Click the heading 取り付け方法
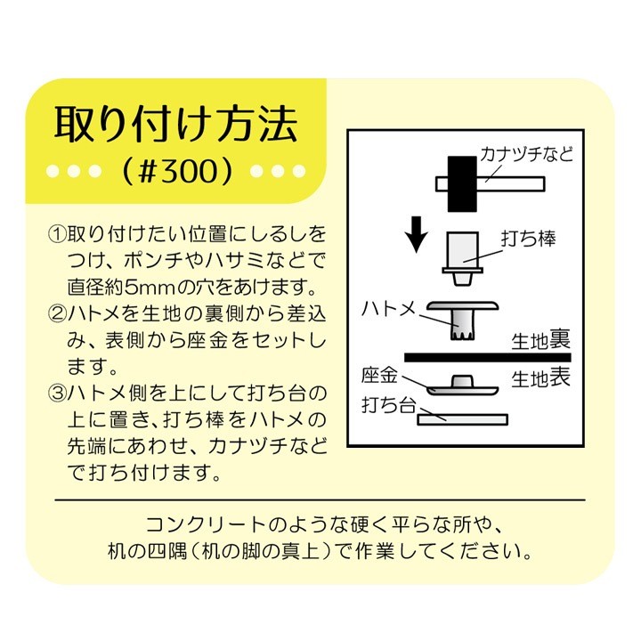pos(175,125)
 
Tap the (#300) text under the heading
pos(176,170)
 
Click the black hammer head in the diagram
pos(462,184)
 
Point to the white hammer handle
pos(511,184)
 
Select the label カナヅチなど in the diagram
pos(526,155)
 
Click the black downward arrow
pos(417,235)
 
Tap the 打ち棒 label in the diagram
pos(528,239)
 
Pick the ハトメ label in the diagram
pos(388,309)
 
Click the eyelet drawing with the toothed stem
pos(462,320)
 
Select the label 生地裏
pos(541,340)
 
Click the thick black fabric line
pos(488,358)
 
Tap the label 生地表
pos(541,378)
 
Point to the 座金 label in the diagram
pos(379,376)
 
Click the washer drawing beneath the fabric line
pos(462,385)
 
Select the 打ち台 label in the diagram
pos(388,405)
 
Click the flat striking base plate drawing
pos(462,419)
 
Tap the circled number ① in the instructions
pos(57,234)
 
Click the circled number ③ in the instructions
pos(57,394)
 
